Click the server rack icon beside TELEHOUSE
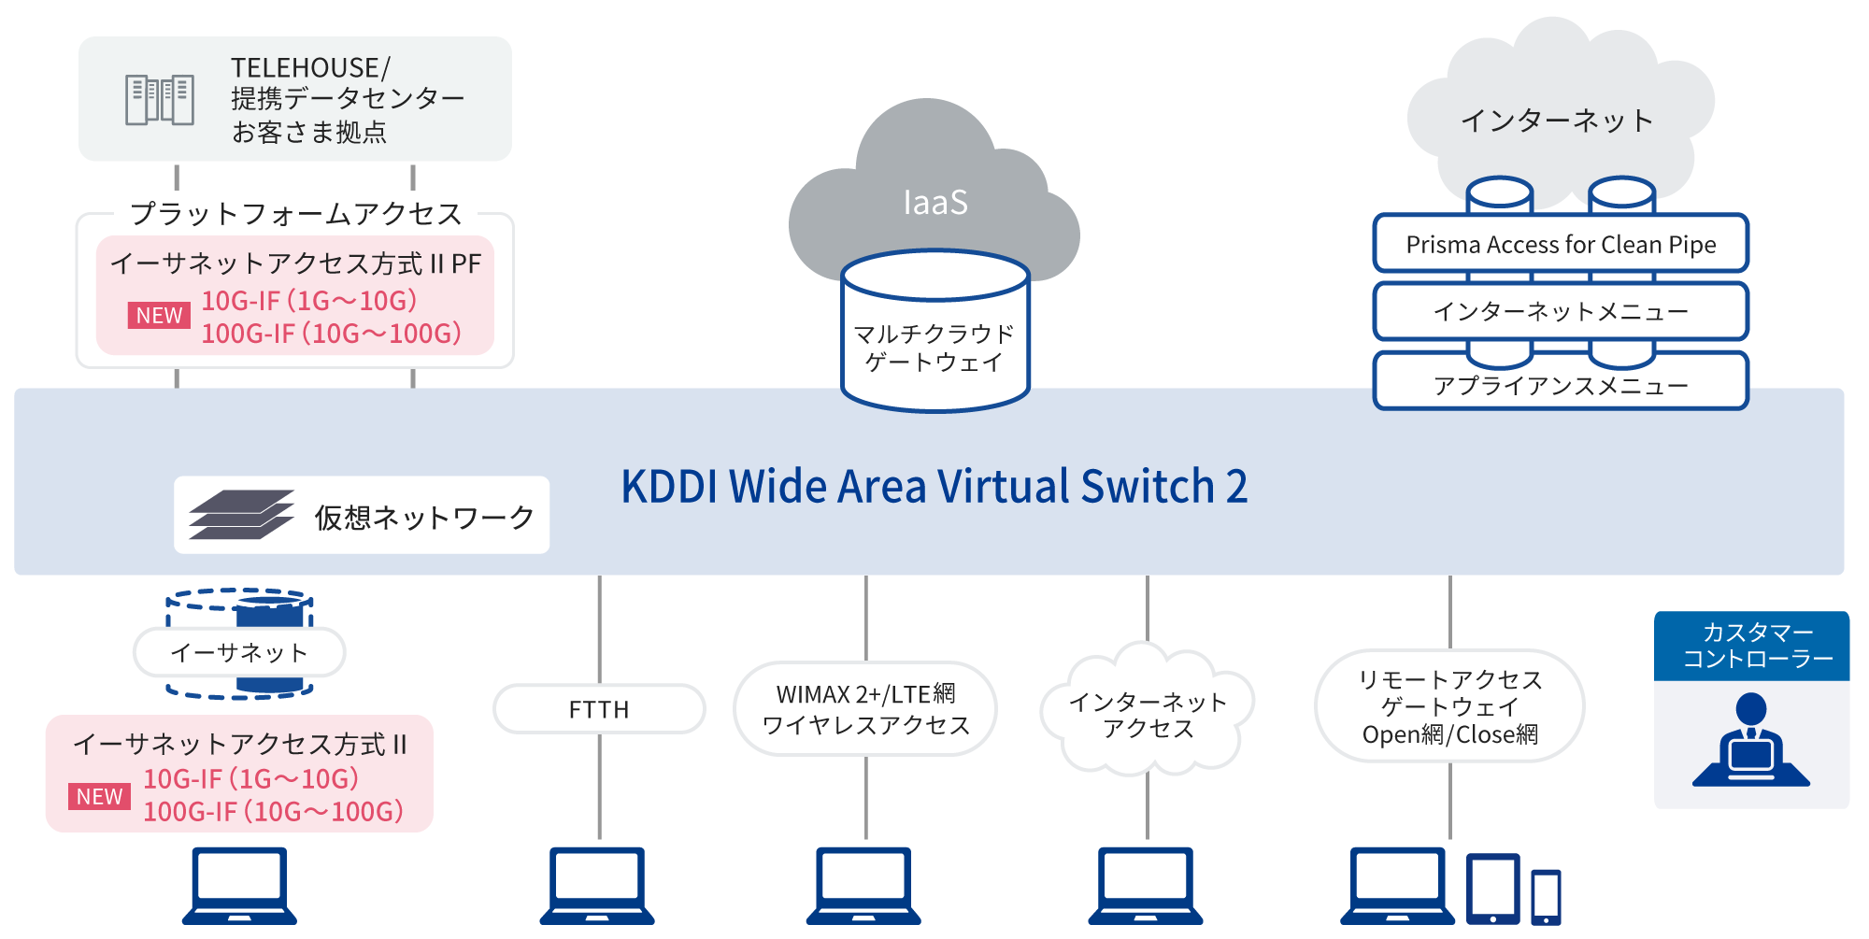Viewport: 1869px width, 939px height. point(160,100)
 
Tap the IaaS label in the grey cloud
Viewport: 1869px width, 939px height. point(934,203)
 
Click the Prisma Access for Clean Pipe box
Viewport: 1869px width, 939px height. point(1560,245)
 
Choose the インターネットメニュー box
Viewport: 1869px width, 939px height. point(1560,311)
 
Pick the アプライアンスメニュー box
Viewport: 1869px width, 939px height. point(1560,385)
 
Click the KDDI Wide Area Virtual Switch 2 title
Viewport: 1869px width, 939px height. point(934,487)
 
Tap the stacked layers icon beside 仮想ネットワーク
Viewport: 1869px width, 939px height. point(240,515)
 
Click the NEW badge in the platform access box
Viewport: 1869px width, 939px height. point(159,316)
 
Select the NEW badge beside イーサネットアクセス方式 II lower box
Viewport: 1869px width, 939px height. point(99,797)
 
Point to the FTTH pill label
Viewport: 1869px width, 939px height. point(599,709)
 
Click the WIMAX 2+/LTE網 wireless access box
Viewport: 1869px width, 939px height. point(865,709)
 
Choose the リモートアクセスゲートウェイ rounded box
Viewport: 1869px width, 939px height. point(1449,706)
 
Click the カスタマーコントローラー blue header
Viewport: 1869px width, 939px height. point(1751,646)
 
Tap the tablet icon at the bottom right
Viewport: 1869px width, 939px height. point(1492,889)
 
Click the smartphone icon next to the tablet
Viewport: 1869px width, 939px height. point(1546,896)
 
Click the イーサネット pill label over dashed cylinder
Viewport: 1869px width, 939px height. point(239,652)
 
